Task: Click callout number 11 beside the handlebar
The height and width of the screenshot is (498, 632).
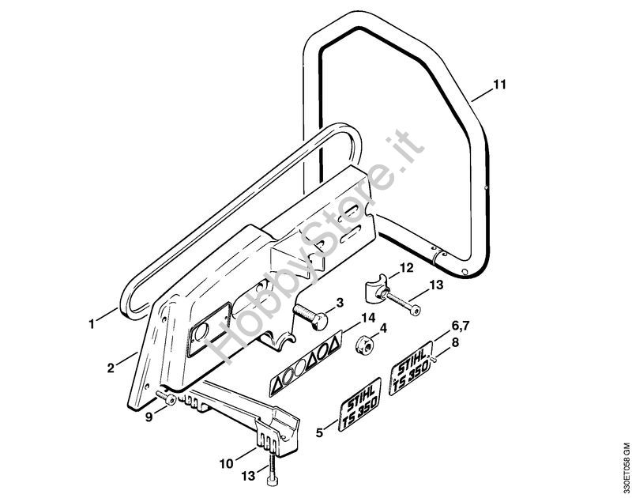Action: [500, 85]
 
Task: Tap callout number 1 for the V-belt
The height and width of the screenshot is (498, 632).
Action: [92, 324]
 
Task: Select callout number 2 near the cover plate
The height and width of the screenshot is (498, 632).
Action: [111, 368]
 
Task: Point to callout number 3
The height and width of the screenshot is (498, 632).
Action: [340, 303]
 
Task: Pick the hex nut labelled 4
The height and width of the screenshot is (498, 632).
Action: [364, 345]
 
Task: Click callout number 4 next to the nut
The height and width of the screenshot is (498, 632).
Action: [383, 329]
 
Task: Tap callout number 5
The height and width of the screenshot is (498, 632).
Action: [320, 433]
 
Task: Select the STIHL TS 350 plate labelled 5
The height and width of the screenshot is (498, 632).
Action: [359, 405]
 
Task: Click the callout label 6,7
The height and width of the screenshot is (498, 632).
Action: [460, 326]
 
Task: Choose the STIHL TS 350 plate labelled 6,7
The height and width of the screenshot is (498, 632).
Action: [411, 368]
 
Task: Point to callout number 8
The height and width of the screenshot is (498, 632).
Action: [455, 343]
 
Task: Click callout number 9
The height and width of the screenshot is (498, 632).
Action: [149, 417]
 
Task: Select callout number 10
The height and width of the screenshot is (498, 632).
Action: [227, 464]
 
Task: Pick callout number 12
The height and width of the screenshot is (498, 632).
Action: [406, 268]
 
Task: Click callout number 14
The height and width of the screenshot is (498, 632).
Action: [368, 318]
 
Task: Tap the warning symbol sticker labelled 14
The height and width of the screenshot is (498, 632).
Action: [307, 364]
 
